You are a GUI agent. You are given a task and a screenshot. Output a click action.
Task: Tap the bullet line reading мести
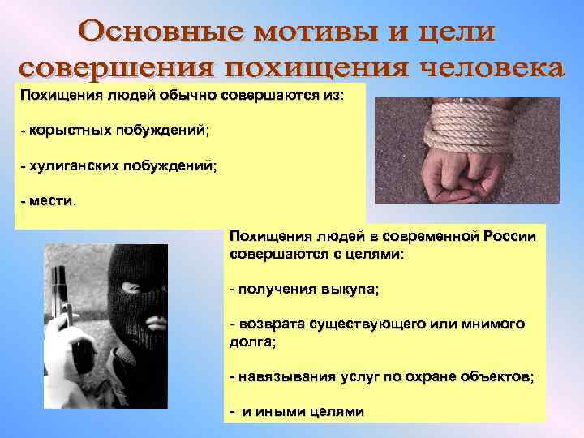tap(49, 200)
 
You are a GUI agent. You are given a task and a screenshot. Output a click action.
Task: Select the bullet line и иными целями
tap(297, 412)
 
